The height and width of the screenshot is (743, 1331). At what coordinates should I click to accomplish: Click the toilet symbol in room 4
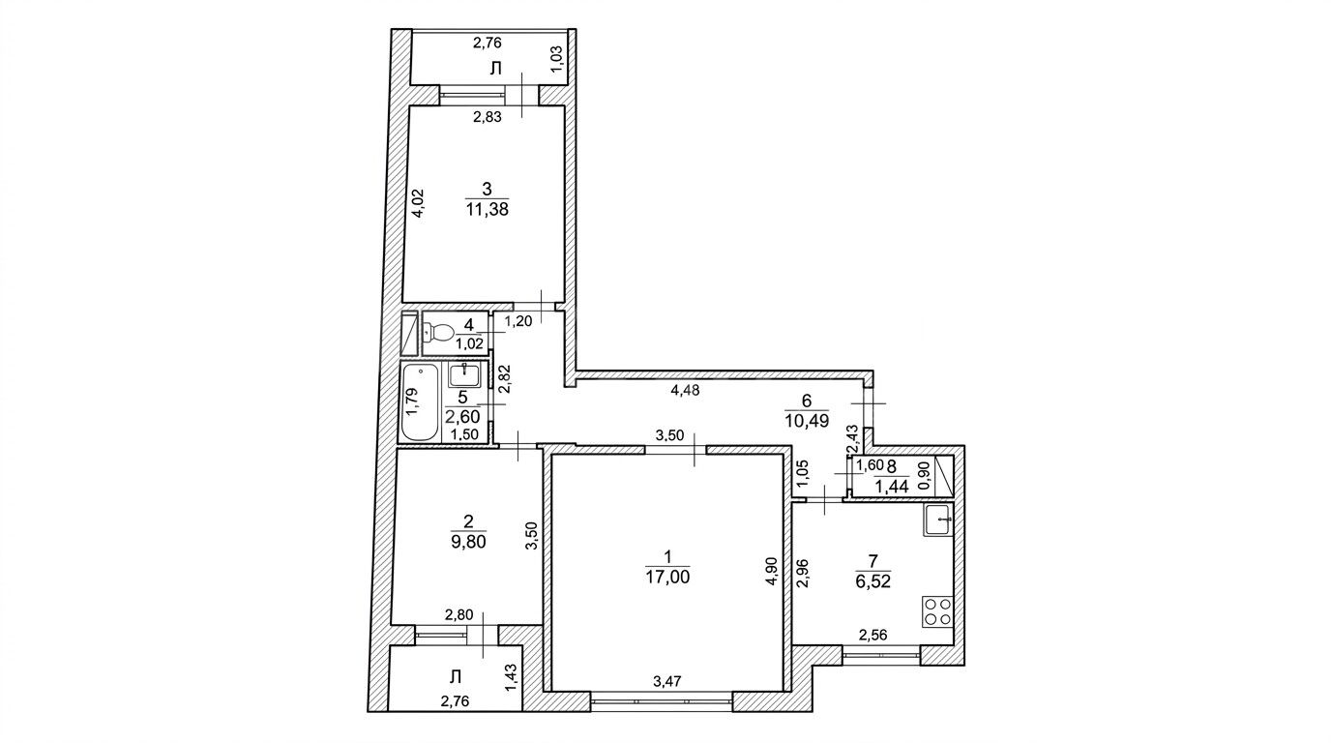pos(439,332)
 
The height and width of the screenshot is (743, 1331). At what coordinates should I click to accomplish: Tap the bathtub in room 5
pos(421,402)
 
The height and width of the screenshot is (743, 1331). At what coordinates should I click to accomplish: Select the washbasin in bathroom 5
pos(464,374)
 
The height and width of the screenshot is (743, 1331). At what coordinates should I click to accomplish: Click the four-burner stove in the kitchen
pos(937,611)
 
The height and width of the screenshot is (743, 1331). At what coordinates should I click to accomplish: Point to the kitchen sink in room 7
pos(938,520)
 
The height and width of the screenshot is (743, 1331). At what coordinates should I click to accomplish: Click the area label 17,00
pos(667,577)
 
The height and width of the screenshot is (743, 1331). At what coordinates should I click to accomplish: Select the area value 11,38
pos(488,209)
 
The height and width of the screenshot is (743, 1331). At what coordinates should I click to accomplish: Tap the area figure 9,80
pos(468,542)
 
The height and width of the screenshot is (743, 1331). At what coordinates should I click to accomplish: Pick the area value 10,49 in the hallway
pos(807,420)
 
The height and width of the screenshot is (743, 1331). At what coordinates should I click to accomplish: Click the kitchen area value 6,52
pos(873,580)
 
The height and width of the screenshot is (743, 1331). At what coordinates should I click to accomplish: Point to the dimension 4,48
pos(685,391)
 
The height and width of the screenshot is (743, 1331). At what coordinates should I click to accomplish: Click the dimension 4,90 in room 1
pos(771,571)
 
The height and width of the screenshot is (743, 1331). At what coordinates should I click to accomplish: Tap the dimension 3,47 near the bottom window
pos(668,682)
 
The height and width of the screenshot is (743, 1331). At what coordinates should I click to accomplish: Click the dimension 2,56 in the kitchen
pos(873,635)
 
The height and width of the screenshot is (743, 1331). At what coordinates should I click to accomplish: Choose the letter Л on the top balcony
pos(495,69)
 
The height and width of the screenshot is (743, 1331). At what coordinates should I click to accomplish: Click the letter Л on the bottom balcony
pos(456,676)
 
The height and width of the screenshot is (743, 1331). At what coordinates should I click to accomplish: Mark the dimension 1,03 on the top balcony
pos(557,59)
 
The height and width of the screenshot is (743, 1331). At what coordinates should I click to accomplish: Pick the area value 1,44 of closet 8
pos(891,487)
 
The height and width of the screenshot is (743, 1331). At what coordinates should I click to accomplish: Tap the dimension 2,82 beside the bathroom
pos(505,379)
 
